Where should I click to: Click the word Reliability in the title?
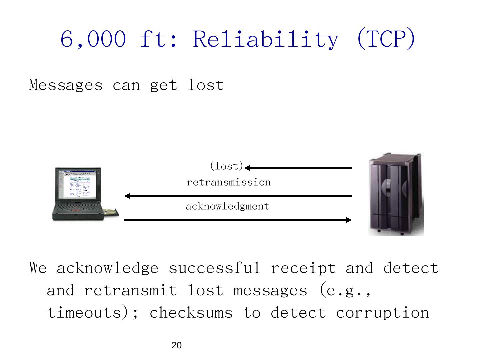tap(265, 39)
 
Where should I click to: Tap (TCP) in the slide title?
tap(386, 39)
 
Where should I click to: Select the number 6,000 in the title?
tap(93, 39)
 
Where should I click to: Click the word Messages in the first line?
tap(66, 85)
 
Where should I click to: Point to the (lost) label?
tap(226, 166)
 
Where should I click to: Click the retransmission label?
tap(229, 182)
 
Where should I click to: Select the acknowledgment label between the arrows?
tap(227, 206)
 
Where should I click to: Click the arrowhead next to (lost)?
tap(247, 168)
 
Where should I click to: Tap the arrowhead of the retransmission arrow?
tap(127, 196)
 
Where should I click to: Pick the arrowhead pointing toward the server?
tap(349, 220)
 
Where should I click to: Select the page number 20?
tap(176, 346)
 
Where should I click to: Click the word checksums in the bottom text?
tap(191, 313)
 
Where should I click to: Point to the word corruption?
tap(382, 313)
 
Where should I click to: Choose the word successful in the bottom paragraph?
tap(215, 268)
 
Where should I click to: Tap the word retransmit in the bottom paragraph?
tap(130, 290)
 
